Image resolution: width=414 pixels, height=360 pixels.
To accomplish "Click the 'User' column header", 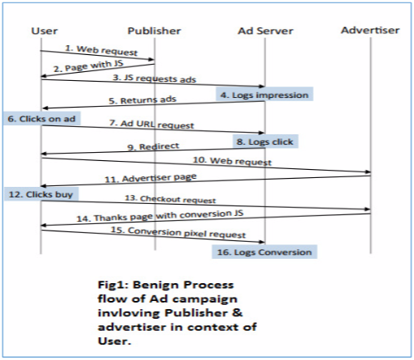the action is [x=44, y=31].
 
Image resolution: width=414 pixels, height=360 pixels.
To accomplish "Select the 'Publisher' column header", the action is [x=154, y=31].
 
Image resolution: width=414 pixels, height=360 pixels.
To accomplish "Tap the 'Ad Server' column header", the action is [x=265, y=31].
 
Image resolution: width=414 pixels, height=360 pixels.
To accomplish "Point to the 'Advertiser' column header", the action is [x=370, y=30].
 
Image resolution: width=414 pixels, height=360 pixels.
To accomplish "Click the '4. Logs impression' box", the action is [x=264, y=94].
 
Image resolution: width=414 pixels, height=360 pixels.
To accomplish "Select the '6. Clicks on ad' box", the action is [x=42, y=118].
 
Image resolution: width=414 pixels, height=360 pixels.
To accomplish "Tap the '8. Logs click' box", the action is [x=265, y=142].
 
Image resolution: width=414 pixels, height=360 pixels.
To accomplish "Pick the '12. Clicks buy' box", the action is [x=41, y=194].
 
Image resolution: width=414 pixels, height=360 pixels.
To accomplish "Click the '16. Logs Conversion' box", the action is [x=264, y=252].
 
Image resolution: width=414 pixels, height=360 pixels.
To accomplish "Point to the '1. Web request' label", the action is [x=101, y=50].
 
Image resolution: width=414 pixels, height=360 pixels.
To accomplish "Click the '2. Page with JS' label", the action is [x=88, y=66].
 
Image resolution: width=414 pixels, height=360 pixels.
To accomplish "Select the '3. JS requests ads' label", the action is [x=154, y=78].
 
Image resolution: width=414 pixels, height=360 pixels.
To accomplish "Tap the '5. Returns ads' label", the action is [x=142, y=100].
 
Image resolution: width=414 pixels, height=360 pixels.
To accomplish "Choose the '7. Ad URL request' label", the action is [x=151, y=124].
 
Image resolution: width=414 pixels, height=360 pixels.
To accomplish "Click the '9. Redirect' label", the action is [x=153, y=146].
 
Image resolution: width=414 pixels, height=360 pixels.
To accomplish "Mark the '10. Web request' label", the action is [x=232, y=161].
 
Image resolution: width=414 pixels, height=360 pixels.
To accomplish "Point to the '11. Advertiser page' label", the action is [x=150, y=178].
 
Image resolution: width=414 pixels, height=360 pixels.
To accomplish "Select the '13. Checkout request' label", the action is [x=170, y=199].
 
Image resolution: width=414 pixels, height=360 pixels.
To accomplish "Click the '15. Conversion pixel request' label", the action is [x=178, y=232].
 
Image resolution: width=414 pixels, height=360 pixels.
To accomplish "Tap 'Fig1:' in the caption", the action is [x=113, y=285].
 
